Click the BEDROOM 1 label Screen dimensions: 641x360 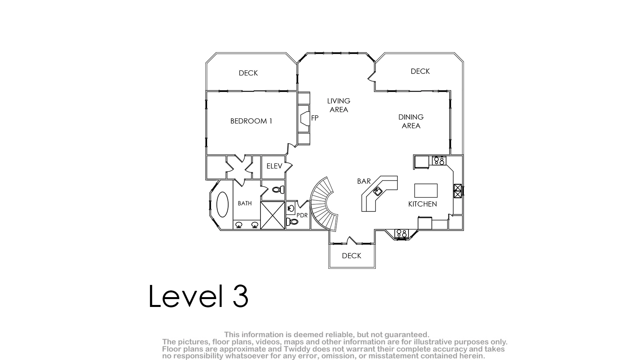pos(251,121)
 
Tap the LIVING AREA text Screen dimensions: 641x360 pos(339,105)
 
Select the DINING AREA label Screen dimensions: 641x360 pos(411,121)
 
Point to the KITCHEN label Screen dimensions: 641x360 pos(422,204)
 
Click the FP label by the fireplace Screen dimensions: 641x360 pos(315,118)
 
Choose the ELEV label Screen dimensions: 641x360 pos(275,166)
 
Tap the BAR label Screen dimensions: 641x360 pos(364,181)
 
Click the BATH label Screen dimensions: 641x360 pos(245,203)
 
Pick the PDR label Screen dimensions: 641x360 pos(302,215)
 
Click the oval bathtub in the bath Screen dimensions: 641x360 pos(222,204)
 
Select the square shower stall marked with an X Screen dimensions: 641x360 pos(273,215)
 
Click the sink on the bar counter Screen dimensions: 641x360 pos(377,191)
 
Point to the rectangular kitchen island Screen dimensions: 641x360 pos(426,191)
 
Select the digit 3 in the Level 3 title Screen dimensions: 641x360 pos(240,296)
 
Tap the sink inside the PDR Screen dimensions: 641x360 pos(291,208)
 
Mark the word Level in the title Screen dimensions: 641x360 pos(186,296)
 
